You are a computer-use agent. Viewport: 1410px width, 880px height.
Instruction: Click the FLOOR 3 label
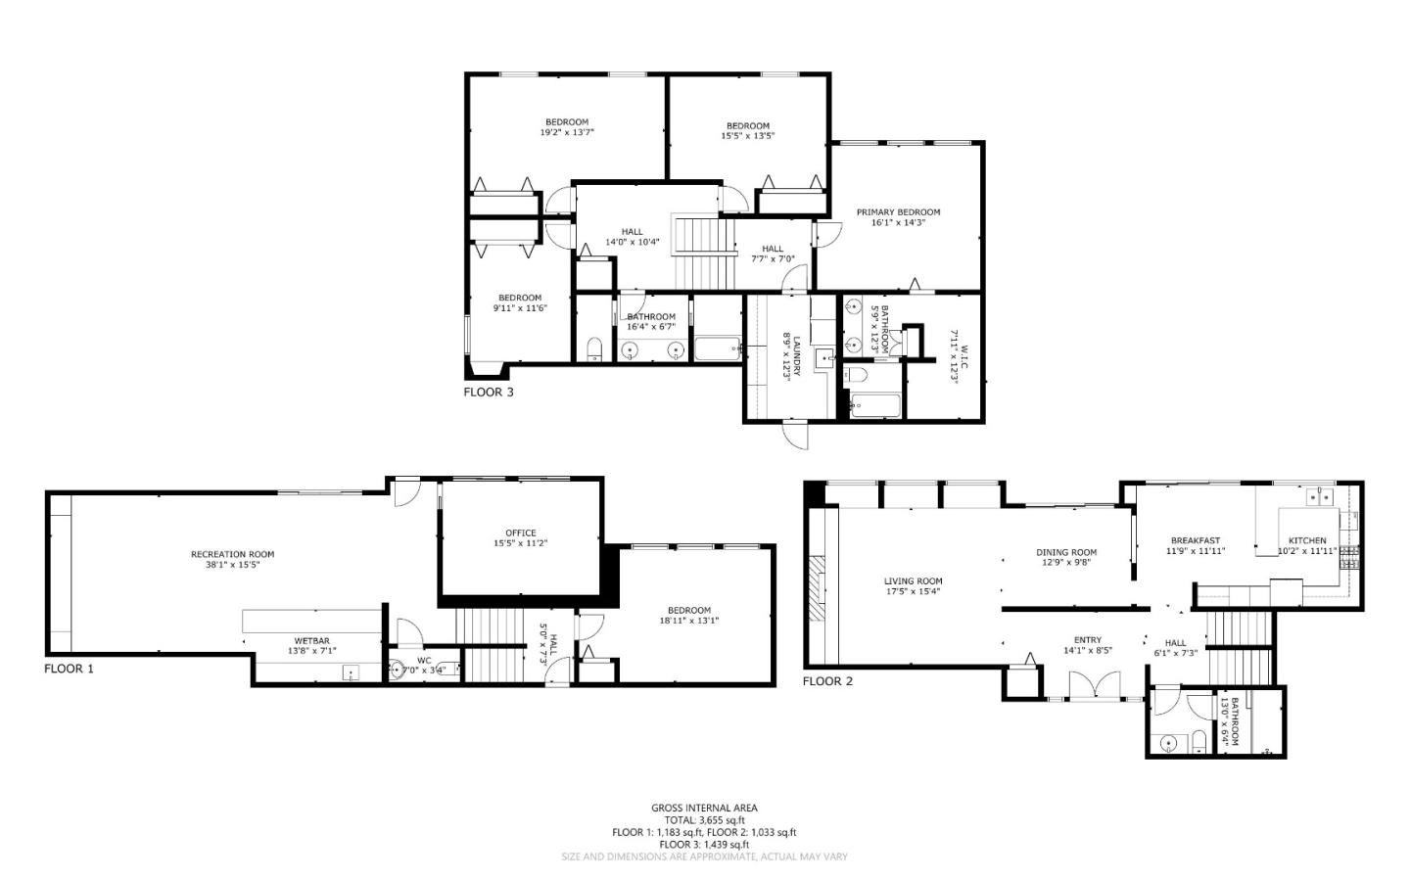point(488,393)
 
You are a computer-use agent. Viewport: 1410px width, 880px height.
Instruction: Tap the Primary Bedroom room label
point(898,212)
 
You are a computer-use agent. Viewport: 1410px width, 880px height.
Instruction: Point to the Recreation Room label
point(232,554)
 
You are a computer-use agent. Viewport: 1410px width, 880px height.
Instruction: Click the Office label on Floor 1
point(520,533)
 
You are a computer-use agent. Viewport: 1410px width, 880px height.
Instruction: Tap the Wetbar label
point(311,641)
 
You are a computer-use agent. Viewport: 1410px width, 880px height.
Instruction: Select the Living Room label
point(913,581)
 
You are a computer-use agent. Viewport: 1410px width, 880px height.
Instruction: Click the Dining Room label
point(1066,552)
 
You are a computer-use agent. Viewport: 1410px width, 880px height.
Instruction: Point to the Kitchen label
point(1307,540)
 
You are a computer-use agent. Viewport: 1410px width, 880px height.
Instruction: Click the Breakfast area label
point(1196,540)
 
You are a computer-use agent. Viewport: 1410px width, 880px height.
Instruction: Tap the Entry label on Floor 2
point(1087,640)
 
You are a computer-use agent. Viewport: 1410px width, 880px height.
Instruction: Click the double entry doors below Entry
point(1086,685)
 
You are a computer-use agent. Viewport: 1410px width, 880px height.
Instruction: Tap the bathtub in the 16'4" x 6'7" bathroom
point(717,348)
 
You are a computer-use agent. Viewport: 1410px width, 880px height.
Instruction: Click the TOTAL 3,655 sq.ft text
point(704,820)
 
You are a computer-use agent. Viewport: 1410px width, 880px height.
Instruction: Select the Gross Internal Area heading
point(704,808)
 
